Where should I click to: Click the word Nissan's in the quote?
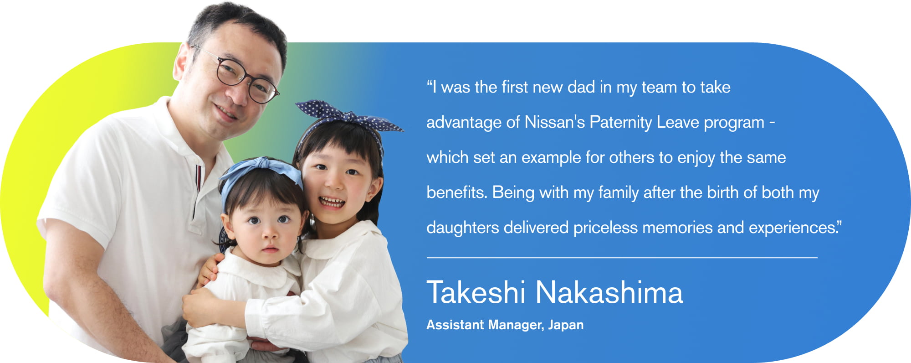554,122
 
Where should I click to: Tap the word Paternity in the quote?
620,122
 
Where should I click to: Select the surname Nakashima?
609,292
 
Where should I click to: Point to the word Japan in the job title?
566,325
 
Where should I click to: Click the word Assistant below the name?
455,325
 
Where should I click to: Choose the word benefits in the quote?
457,192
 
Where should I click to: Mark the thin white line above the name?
622,258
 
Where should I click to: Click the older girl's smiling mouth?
332,201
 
